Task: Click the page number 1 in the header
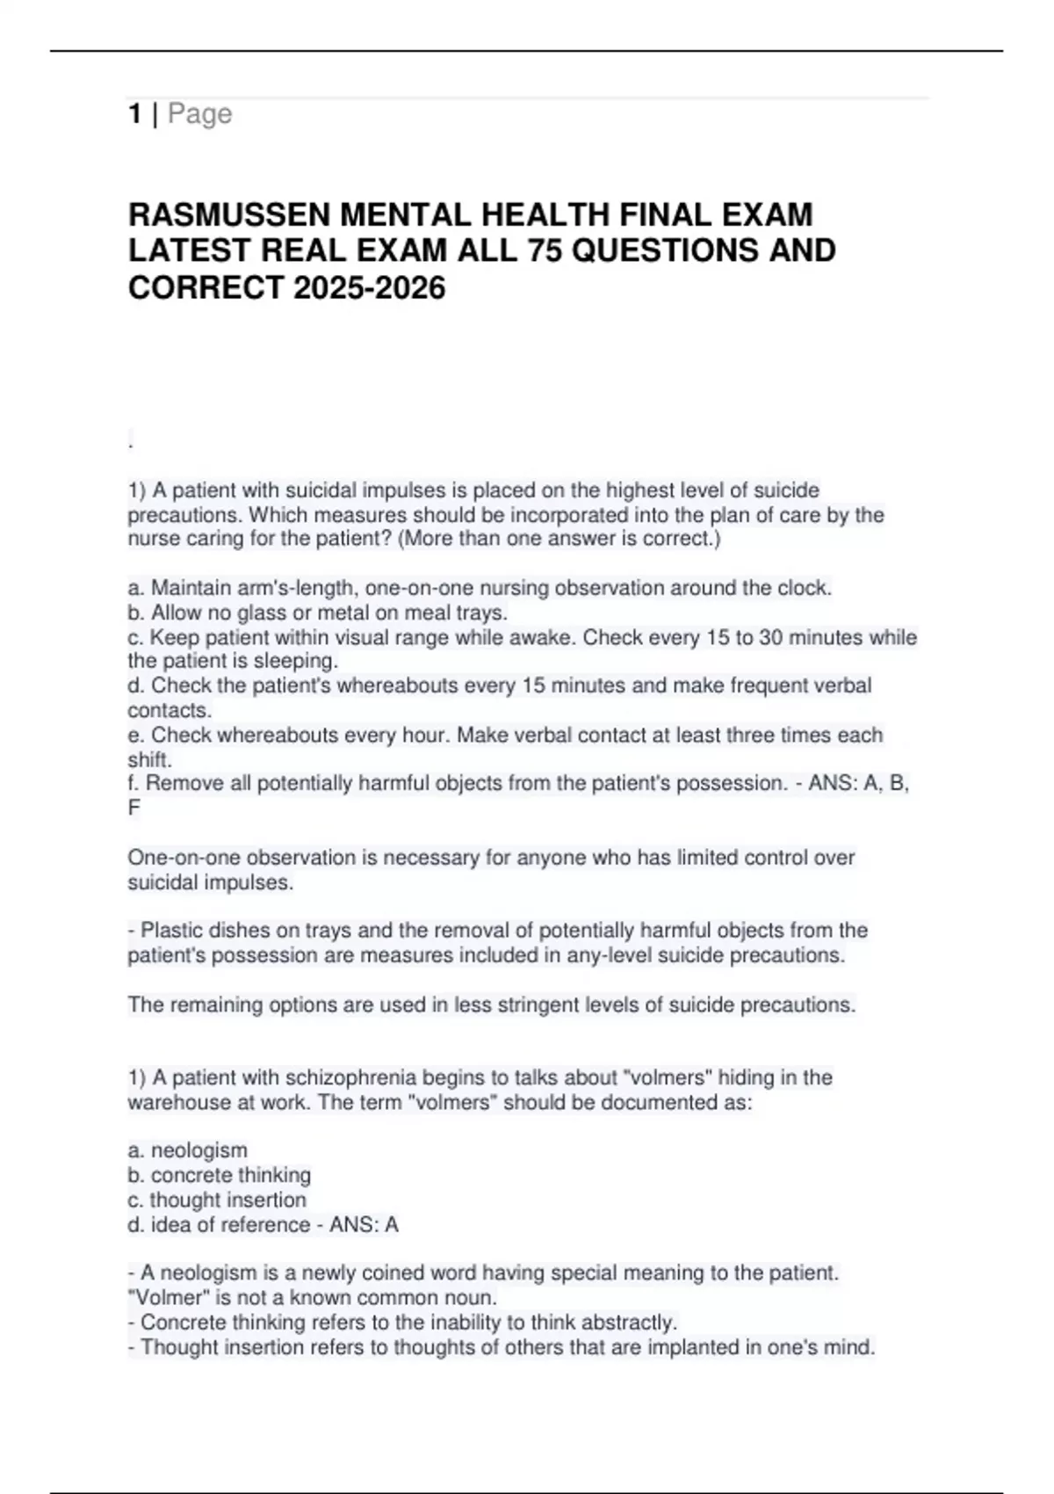pos(134,113)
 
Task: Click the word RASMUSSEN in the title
pos(229,214)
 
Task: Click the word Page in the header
pos(200,113)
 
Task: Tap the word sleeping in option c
pos(295,661)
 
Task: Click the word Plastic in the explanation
pos(175,931)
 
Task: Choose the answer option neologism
pos(199,1150)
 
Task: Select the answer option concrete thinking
pos(230,1175)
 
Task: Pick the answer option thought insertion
pos(227,1200)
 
